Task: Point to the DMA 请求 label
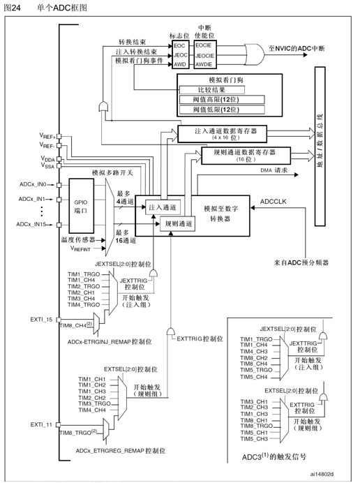(x=257, y=170)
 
